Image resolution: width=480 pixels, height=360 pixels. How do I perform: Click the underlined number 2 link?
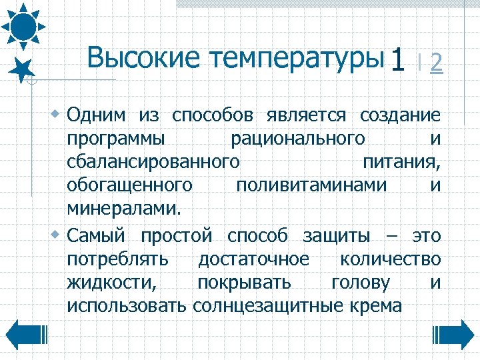click(x=437, y=63)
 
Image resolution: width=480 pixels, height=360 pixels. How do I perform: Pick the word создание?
click(x=400, y=115)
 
